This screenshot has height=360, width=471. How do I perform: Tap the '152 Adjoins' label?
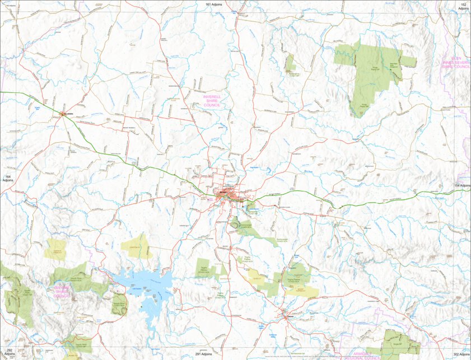(463, 6)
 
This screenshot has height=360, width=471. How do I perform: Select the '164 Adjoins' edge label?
(7, 179)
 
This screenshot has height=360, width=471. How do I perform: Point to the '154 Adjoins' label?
(462, 185)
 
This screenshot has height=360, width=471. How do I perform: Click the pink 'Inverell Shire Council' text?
(212, 101)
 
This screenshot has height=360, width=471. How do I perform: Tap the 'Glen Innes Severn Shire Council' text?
(455, 62)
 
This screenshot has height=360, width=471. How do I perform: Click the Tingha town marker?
(287, 317)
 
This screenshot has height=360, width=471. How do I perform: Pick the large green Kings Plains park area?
(370, 70)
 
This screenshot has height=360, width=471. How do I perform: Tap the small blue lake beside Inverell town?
(248, 209)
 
